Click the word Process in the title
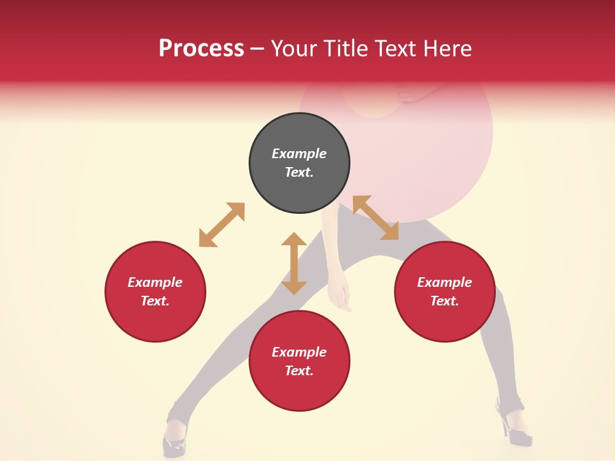point(201,49)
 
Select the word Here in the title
point(448,49)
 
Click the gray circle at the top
point(299,163)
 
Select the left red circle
point(155,291)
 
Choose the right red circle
point(445,291)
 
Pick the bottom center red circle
point(299,361)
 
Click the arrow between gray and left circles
point(222,225)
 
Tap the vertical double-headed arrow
point(294,263)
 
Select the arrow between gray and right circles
point(375,218)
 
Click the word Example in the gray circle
point(299,154)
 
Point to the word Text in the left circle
point(155,301)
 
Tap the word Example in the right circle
point(445,282)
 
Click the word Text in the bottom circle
point(299,371)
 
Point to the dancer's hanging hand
point(340,296)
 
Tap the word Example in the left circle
point(155,282)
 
